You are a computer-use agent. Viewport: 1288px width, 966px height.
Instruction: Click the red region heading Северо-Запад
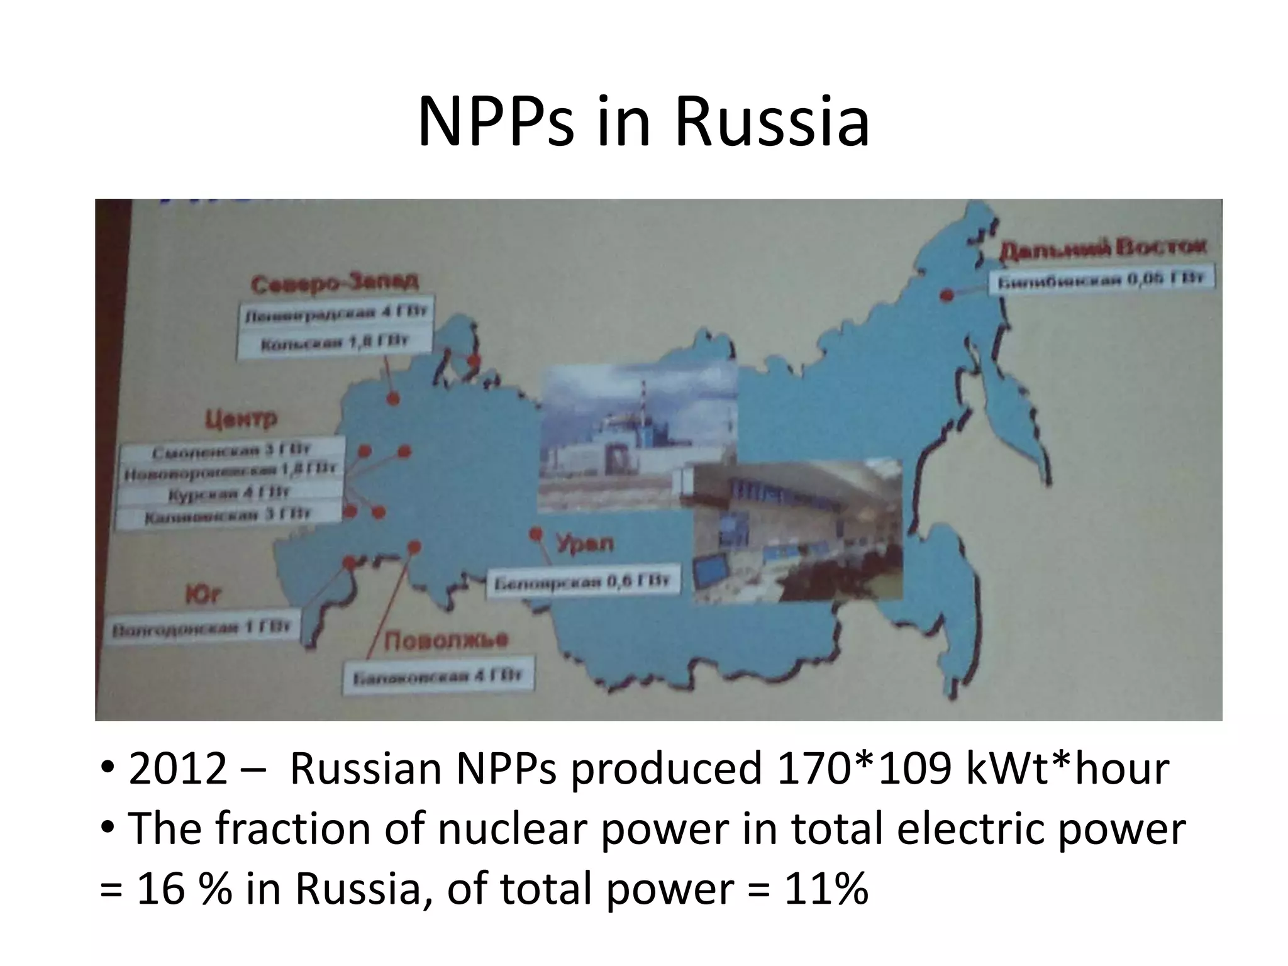tap(334, 283)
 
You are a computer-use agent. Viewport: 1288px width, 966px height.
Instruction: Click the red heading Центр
tap(240, 419)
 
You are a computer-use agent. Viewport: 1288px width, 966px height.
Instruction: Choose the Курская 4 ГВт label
tap(229, 493)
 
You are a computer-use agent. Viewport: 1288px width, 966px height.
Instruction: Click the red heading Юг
tap(203, 594)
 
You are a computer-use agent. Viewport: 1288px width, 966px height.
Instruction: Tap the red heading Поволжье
tap(446, 641)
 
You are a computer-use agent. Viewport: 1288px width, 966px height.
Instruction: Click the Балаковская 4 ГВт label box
tap(438, 677)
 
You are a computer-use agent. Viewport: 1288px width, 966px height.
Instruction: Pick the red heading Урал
tap(585, 543)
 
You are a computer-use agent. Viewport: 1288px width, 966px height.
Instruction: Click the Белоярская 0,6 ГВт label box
tap(582, 582)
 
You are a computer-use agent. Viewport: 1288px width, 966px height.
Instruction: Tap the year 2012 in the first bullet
tap(177, 769)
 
